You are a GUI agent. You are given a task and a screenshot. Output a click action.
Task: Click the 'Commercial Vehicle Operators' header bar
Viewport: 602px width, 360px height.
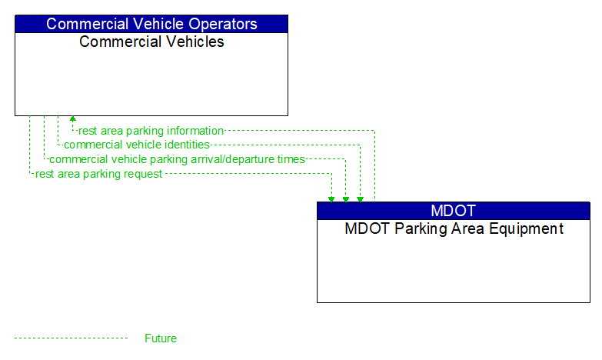tap(151, 24)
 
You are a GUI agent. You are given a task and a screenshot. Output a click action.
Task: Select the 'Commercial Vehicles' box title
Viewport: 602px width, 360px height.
tap(151, 42)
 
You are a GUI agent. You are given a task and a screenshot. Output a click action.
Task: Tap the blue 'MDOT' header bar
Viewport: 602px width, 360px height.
tap(453, 211)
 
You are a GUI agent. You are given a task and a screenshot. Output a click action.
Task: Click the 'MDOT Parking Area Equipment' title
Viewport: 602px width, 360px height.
tap(454, 228)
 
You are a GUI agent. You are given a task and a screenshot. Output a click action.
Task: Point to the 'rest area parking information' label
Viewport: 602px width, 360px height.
tap(151, 131)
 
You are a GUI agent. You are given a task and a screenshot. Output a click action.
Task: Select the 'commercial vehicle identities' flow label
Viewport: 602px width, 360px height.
tap(136, 145)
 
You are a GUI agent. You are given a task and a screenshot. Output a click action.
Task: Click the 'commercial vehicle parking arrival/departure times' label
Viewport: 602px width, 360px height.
tap(177, 159)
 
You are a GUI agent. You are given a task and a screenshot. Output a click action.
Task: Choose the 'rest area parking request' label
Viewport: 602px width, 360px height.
tap(98, 174)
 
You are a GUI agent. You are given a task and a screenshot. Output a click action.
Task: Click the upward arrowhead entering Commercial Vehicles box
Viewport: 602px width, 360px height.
tap(72, 119)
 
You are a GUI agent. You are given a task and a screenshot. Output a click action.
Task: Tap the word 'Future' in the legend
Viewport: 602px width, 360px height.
tap(160, 338)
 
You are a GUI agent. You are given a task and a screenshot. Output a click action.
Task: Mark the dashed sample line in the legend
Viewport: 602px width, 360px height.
tap(71, 338)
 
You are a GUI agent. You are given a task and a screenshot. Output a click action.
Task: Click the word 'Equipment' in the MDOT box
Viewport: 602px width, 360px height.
tap(526, 228)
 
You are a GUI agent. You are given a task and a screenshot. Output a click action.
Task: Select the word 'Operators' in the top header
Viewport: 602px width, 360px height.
tap(223, 24)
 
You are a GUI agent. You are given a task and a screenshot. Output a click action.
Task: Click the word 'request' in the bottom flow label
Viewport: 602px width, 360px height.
tap(143, 174)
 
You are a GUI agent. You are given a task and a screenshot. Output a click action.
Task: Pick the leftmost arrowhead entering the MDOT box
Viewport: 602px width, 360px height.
tap(331, 198)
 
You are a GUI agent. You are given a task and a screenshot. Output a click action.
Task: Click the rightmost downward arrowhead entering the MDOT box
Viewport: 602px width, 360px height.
tap(360, 198)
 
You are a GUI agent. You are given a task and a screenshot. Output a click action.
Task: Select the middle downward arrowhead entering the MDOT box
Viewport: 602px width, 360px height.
tap(346, 198)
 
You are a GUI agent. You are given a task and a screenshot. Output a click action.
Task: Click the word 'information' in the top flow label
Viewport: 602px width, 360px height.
tap(195, 131)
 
